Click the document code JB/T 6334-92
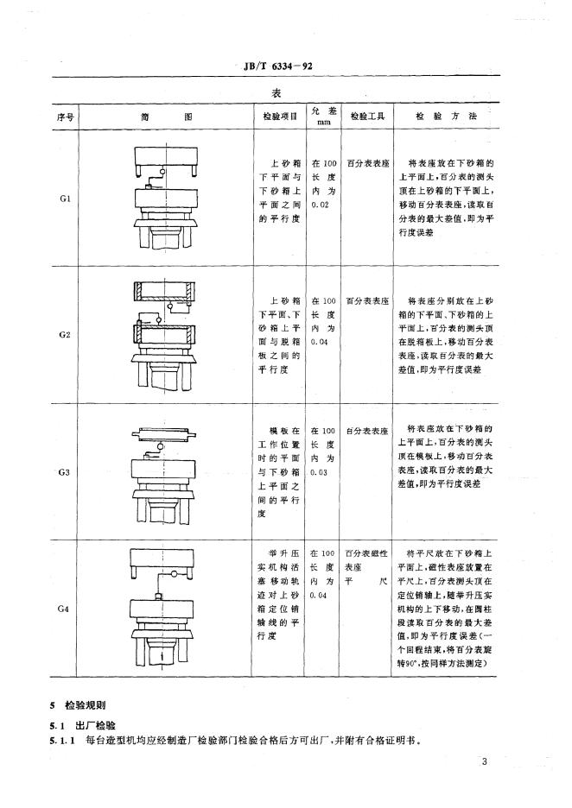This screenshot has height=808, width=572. [x=277, y=66]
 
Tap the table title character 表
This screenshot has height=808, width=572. [x=276, y=92]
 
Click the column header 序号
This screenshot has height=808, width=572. [x=65, y=117]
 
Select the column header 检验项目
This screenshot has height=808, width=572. [x=280, y=117]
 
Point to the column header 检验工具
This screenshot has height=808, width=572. [x=367, y=117]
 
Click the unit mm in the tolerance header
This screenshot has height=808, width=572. [x=323, y=123]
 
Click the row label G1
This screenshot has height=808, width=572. [x=65, y=199]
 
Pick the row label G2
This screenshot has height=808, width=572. [x=65, y=334]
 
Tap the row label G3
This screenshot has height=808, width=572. [x=65, y=472]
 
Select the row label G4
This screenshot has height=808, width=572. [x=63, y=609]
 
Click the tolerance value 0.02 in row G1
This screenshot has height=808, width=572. [x=321, y=205]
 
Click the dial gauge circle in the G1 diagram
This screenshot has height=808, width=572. [x=163, y=171]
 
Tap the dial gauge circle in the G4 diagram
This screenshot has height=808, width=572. [x=175, y=575]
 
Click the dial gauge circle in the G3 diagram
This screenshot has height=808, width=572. [x=161, y=446]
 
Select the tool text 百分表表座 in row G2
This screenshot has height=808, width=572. [x=367, y=301]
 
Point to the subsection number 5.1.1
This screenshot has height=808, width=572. [x=62, y=742]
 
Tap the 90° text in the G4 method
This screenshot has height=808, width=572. [x=411, y=664]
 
